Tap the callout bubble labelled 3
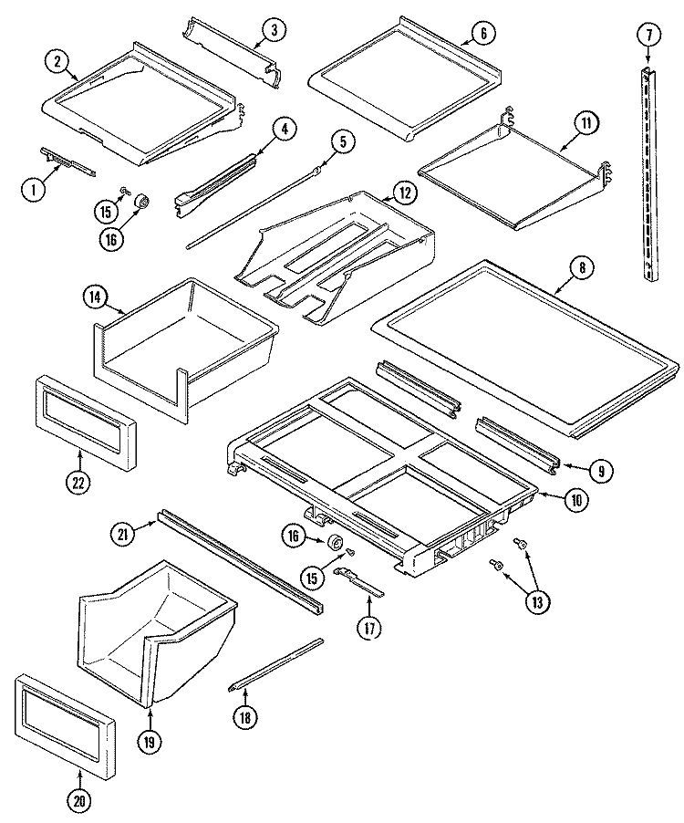(x=270, y=30)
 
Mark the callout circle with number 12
(x=402, y=193)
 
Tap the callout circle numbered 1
(x=34, y=190)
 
